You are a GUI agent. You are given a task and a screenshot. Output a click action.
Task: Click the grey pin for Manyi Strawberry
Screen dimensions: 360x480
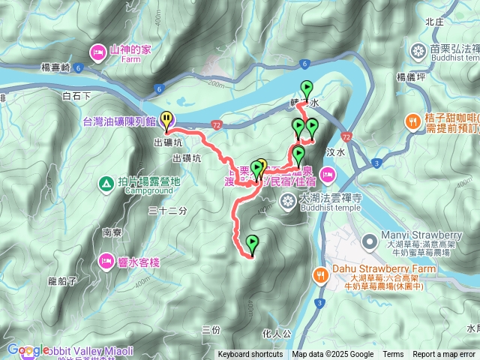point(368,241)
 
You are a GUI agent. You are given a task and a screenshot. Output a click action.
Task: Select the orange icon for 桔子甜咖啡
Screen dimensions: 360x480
point(412,120)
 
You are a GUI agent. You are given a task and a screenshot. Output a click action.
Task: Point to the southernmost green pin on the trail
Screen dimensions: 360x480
point(252,244)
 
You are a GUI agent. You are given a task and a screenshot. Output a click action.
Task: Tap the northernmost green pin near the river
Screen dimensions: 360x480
point(306,88)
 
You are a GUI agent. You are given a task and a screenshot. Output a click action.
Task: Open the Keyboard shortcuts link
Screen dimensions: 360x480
point(250,355)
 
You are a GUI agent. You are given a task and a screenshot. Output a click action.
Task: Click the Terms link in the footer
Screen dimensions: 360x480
point(393,355)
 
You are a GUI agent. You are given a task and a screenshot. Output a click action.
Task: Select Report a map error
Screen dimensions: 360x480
point(444,355)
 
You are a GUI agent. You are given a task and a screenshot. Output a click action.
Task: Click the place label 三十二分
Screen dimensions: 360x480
point(166,212)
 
